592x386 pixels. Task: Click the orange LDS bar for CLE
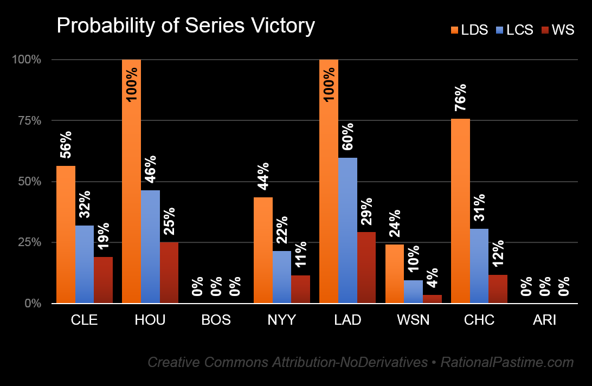[x=66, y=234]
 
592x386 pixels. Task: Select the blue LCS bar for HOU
[x=150, y=247]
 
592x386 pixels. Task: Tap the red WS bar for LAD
[x=366, y=267]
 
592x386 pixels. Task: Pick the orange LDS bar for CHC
[x=461, y=211]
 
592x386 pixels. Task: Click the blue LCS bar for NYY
[x=282, y=277]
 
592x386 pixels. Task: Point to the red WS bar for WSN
[x=432, y=299]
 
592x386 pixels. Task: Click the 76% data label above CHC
[x=461, y=98]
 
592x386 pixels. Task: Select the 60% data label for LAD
[x=348, y=136]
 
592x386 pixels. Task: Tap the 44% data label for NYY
[x=263, y=176]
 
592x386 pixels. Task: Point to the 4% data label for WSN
[x=432, y=278]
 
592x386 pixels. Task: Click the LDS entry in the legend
[x=469, y=30]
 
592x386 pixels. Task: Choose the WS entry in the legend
[x=558, y=30]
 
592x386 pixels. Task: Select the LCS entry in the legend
[x=514, y=30]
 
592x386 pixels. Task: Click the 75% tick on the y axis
[x=29, y=120]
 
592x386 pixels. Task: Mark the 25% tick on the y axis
[x=29, y=242]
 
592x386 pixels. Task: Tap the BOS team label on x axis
[x=216, y=320]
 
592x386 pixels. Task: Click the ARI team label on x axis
[x=544, y=320]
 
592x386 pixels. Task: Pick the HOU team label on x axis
[x=150, y=320]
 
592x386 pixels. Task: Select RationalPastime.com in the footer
[x=507, y=362]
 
